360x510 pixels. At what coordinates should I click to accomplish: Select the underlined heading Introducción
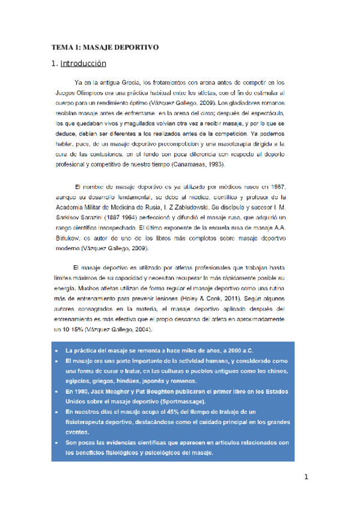(84, 63)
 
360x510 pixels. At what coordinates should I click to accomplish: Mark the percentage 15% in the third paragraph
(74, 331)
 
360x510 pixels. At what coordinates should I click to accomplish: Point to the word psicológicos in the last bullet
(151, 453)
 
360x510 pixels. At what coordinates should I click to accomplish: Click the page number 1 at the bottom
(306, 478)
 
